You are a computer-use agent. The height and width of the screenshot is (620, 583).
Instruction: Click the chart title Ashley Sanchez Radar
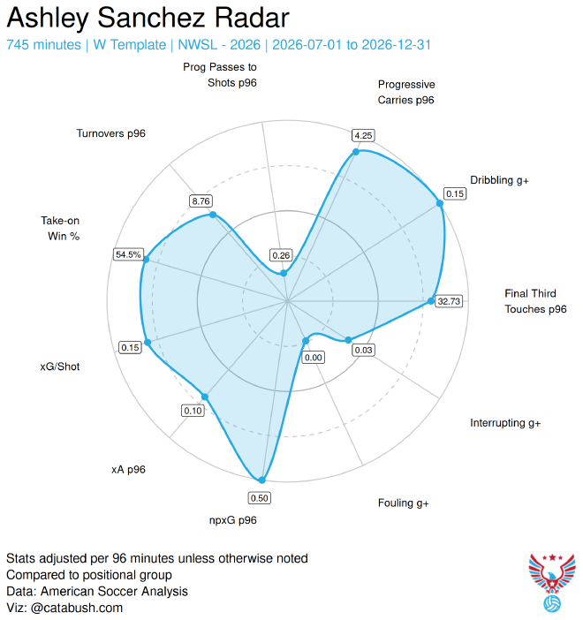click(x=148, y=18)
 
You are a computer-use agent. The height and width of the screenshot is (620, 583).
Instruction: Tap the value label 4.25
click(x=363, y=136)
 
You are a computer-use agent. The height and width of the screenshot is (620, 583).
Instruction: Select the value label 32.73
click(x=449, y=301)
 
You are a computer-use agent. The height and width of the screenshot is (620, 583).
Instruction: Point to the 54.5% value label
click(x=128, y=254)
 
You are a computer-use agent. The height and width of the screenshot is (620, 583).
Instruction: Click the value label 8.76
click(x=201, y=200)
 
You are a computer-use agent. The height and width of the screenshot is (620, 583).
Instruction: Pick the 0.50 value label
click(x=260, y=498)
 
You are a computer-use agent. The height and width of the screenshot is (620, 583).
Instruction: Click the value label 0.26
click(x=281, y=255)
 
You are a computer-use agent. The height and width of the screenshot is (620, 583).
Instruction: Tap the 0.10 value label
click(x=193, y=411)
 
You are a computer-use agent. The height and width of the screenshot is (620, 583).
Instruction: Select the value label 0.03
click(x=363, y=350)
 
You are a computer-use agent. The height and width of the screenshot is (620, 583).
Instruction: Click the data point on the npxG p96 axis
click(x=261, y=480)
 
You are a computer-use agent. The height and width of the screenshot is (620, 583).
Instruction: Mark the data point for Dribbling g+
click(x=440, y=203)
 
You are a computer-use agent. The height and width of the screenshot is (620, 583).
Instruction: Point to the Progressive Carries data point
click(x=356, y=152)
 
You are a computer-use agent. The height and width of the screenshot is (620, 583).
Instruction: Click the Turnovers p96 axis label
click(x=110, y=133)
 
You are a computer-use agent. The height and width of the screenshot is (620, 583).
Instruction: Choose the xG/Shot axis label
click(x=60, y=367)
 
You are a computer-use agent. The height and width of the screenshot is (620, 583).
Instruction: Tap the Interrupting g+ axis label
click(x=505, y=423)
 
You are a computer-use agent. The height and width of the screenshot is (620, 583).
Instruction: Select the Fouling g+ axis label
click(x=404, y=503)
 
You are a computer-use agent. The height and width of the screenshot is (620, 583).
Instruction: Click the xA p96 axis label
click(x=128, y=469)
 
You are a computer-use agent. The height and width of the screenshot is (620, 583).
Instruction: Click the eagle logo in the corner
click(x=552, y=582)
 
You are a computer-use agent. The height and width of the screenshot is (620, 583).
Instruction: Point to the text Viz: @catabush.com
click(x=64, y=608)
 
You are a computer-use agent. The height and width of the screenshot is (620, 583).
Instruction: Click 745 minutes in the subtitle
click(x=43, y=45)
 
